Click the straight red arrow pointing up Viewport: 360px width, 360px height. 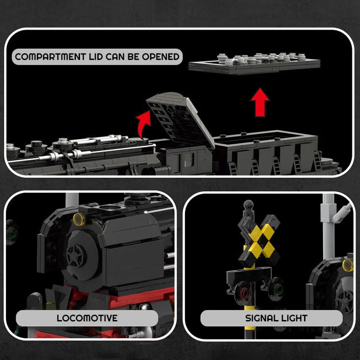pos(260,102)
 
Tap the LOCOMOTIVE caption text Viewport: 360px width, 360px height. pos(87,318)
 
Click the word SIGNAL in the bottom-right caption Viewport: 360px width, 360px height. pos(261,318)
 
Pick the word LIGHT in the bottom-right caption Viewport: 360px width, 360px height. pos(292,318)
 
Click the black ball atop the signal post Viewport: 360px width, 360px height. pos(247,205)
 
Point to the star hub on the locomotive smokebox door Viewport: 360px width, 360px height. pos(76,256)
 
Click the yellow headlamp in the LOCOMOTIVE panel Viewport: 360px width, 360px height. pos(79,219)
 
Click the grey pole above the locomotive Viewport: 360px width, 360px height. pos(72,199)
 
